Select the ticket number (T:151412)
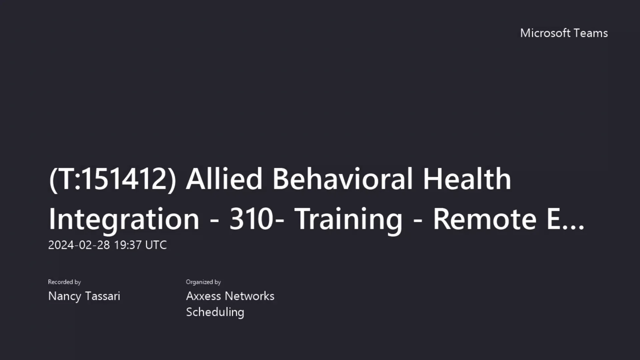point(112,179)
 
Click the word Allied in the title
point(224,179)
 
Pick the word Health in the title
point(467,179)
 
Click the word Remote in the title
point(485,219)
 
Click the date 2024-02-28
point(79,245)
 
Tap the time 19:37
point(128,245)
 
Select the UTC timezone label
point(156,245)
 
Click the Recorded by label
point(64,282)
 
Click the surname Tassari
point(102,296)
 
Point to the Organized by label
point(203,282)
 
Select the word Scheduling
point(215,312)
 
